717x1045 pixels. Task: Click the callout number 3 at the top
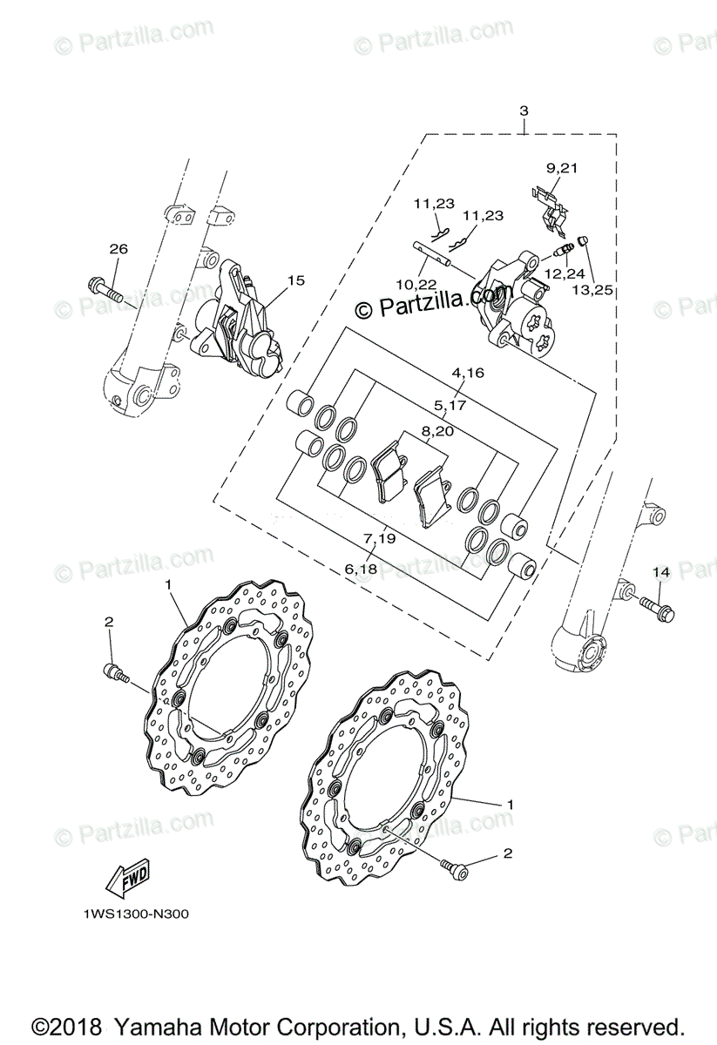coord(524,111)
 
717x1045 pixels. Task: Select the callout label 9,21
coord(562,167)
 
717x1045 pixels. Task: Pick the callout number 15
coord(296,280)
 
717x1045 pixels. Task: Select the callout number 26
coord(118,249)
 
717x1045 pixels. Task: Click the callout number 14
coord(660,571)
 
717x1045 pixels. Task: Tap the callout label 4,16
coord(467,373)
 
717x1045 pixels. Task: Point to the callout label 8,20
coord(437,430)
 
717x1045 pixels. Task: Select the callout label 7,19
coord(380,538)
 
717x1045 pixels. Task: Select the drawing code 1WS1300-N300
coord(136,914)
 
